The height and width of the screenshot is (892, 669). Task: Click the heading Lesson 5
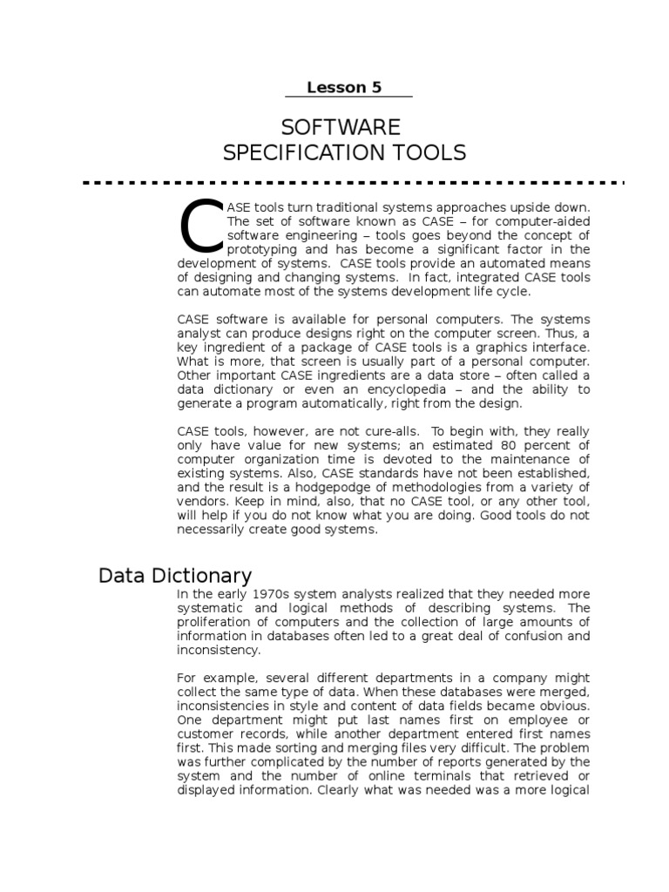[x=344, y=87]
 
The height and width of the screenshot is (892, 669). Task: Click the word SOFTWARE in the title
[x=345, y=127]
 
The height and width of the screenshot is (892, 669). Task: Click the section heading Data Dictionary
[x=175, y=576]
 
